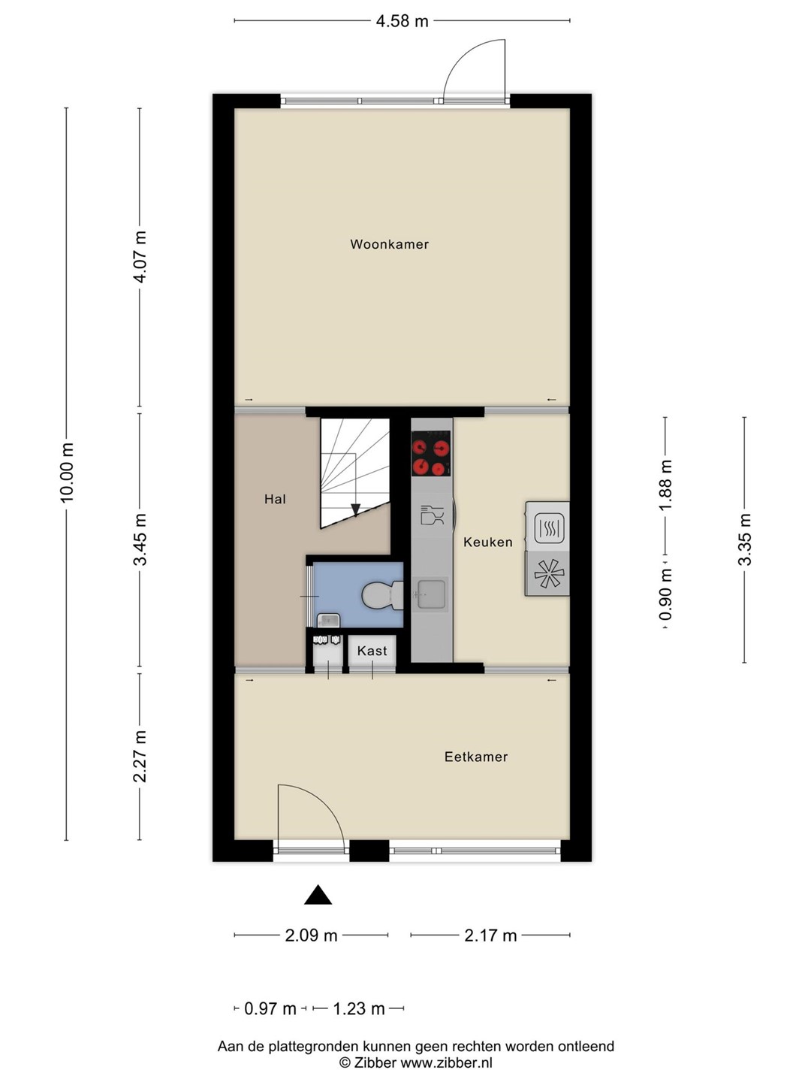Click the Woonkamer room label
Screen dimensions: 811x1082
389,244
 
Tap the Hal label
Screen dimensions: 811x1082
275,500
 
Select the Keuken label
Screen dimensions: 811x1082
488,543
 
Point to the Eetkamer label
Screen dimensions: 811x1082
475,757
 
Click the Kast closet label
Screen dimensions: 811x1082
372,651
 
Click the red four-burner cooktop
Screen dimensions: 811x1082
431,454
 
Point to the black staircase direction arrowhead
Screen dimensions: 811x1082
355,509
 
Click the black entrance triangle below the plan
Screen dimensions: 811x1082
318,895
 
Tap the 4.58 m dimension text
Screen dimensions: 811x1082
402,21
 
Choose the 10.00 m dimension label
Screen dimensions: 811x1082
67,473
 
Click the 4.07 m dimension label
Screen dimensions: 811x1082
140,256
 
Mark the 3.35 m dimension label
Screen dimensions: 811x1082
744,539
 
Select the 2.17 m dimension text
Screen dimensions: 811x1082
490,935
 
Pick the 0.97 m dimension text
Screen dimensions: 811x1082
270,1008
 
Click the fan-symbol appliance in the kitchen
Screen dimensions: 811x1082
547,574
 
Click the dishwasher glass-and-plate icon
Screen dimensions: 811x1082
432,515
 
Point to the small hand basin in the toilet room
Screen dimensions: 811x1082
327,620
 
